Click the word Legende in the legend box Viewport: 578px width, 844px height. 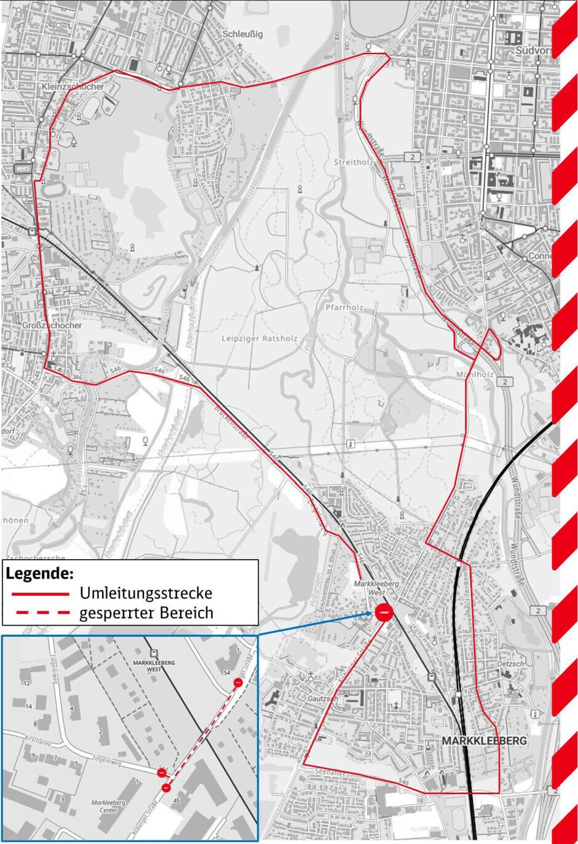(x=40, y=574)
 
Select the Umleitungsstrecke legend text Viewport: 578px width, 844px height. (x=146, y=593)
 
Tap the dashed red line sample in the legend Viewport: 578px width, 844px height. (x=41, y=613)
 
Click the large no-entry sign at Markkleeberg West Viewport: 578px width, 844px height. (x=384, y=612)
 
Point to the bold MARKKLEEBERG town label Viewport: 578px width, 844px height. (x=484, y=741)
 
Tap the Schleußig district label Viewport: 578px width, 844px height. (x=242, y=34)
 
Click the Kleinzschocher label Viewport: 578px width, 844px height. (x=73, y=87)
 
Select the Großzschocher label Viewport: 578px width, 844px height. (x=51, y=325)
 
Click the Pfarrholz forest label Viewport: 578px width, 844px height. (x=345, y=307)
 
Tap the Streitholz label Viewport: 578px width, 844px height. (x=350, y=162)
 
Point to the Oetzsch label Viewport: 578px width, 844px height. (x=510, y=664)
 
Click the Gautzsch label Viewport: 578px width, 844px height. (x=323, y=699)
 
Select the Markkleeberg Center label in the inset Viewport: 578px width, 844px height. (x=108, y=806)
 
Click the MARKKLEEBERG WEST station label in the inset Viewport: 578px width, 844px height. (x=154, y=666)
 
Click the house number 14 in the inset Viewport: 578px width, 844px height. (x=28, y=707)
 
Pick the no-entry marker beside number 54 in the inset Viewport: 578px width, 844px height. (x=238, y=682)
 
